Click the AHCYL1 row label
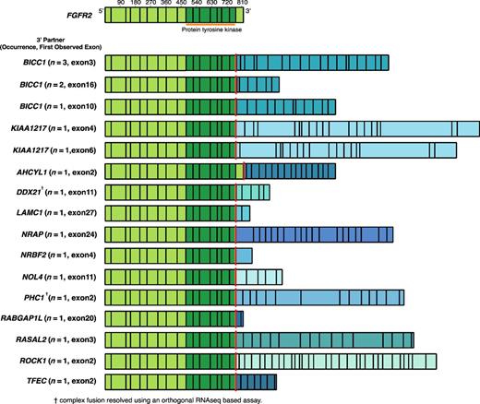[52, 170]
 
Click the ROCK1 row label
[54, 359]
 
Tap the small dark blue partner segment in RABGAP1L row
[240, 317]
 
